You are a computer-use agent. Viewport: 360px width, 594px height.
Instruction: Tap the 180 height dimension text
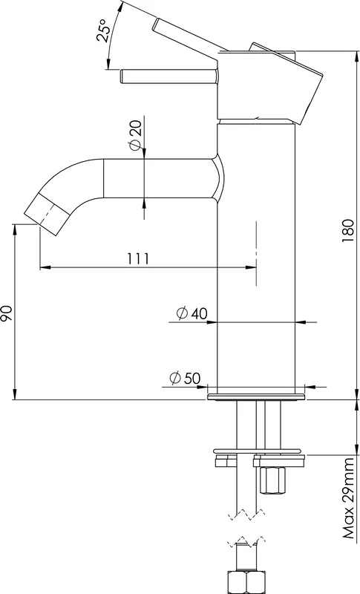(x=347, y=230)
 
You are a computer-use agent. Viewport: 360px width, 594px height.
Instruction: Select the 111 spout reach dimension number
(x=137, y=258)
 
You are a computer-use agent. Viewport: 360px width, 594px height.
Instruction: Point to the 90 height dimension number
(x=7, y=313)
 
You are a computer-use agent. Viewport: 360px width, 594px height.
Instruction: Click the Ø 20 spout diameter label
(x=135, y=134)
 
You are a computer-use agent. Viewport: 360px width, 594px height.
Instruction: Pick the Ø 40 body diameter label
(x=192, y=313)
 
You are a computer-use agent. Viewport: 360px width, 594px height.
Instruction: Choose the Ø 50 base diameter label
(x=185, y=378)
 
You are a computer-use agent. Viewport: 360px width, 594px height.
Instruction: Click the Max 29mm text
(x=349, y=498)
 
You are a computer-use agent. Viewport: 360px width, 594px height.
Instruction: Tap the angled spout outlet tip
(x=47, y=214)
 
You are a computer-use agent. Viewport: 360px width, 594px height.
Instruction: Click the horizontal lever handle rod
(x=168, y=76)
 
